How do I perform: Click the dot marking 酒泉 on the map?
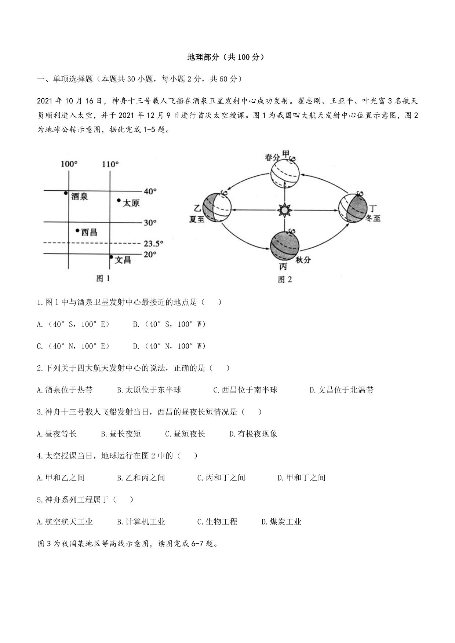tap(66, 193)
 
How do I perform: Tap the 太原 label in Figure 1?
tap(131, 202)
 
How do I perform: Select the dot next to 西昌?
tap(77, 230)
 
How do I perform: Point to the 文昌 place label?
tap(123, 260)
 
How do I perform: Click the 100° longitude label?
tap(69, 164)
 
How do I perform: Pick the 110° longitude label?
tap(110, 164)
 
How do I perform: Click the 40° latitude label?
tap(150, 191)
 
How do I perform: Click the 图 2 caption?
tap(285, 280)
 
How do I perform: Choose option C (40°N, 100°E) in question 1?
tap(73, 346)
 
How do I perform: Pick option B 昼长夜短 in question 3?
tap(121, 434)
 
